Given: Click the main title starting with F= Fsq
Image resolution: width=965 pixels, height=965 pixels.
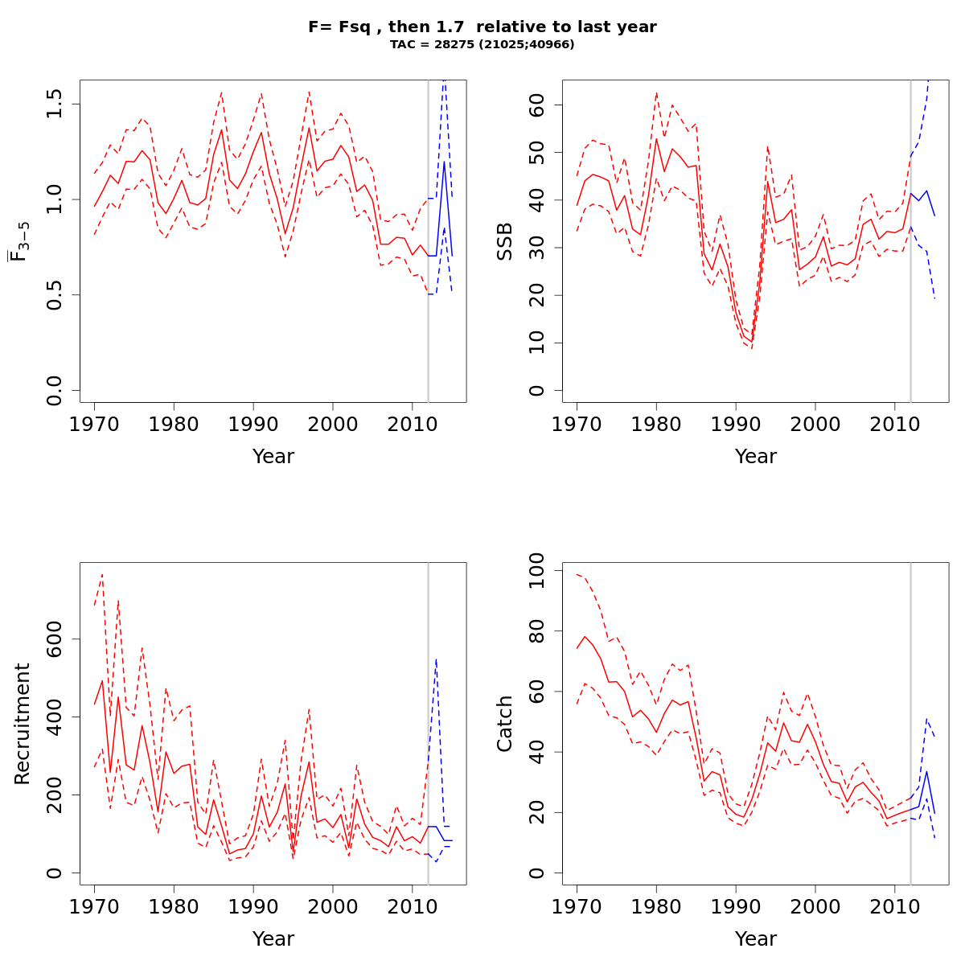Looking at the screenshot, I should point(482,27).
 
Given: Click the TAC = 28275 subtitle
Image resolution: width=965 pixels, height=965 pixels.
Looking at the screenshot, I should point(482,45).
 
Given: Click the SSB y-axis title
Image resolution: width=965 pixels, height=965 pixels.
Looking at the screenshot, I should point(504,241).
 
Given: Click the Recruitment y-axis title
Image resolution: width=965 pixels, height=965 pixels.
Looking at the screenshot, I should point(22,724).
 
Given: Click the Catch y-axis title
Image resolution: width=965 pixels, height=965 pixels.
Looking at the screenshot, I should point(504,724).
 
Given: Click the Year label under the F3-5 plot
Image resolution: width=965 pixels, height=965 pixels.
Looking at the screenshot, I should point(273,457).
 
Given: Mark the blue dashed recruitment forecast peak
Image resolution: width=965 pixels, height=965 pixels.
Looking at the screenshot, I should point(436,659).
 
